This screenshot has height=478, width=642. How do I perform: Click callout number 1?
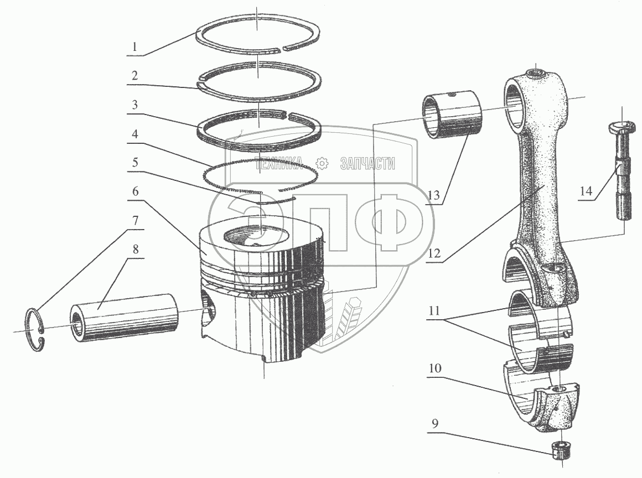point(134,46)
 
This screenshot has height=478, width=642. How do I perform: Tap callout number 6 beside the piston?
point(134,191)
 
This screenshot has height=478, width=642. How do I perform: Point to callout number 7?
point(134,221)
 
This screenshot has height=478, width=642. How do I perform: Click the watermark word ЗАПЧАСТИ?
point(367,163)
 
